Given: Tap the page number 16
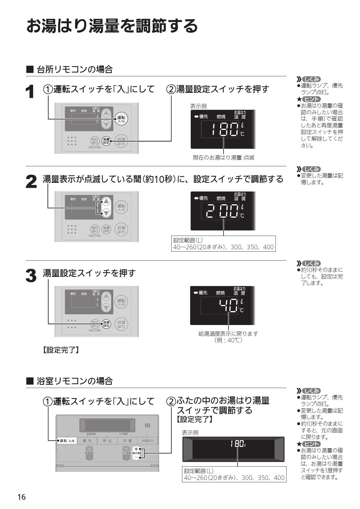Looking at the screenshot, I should pyautogui.click(x=21, y=497).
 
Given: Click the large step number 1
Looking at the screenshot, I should pyautogui.click(x=30, y=92).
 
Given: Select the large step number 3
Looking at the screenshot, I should pyautogui.click(x=31, y=276).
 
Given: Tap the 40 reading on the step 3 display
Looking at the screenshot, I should pyautogui.click(x=228, y=306).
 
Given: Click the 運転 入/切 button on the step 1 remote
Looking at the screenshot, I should pyautogui.click(x=121, y=119).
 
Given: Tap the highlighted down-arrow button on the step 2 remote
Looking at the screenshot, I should pyautogui.click(x=107, y=213).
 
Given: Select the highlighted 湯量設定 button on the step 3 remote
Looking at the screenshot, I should pyautogui.click(x=106, y=324).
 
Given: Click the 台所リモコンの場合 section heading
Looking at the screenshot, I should pyautogui.click(x=75, y=70).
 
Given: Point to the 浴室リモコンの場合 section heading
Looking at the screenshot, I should pyautogui.click(x=75, y=381).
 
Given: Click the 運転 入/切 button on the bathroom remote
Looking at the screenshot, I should pyautogui.click(x=67, y=441).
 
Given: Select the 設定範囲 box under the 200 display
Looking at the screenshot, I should pyautogui.click(x=223, y=244).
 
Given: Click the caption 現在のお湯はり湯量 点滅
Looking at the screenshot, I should pyautogui.click(x=224, y=158).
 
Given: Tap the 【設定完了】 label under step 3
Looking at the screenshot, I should pyautogui.click(x=61, y=350).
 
